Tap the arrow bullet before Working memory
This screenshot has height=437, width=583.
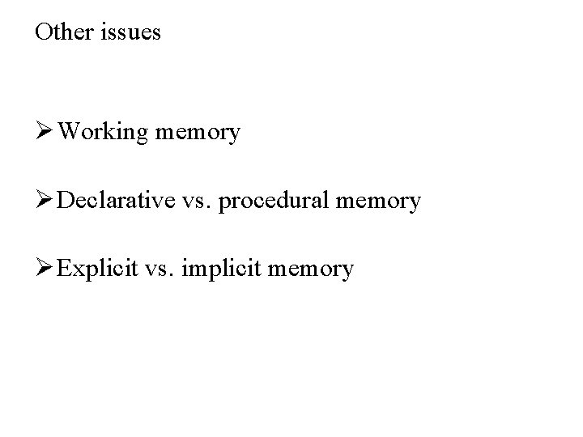(45, 130)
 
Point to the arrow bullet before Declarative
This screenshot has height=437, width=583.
(45, 199)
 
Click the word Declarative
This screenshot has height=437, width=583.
(121, 200)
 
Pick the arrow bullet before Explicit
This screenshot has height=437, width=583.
(45, 267)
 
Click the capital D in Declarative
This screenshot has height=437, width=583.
(66, 199)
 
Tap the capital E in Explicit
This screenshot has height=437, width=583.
(65, 267)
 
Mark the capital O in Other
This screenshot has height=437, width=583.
(43, 32)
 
